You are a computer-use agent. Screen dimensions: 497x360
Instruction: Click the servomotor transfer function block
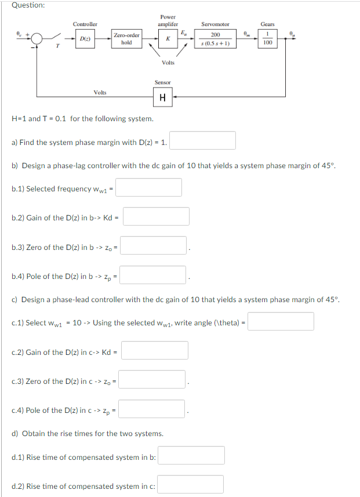coord(215,39)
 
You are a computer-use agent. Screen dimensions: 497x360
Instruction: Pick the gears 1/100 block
coord(267,39)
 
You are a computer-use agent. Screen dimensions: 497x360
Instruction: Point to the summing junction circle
coord(38,39)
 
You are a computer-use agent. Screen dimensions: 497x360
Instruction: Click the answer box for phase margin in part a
coord(202,140)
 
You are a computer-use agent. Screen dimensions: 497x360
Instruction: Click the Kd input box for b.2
coord(156,216)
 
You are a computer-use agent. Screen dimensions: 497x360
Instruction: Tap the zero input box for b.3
coord(154,246)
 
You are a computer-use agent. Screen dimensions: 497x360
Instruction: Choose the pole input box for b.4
coord(154,275)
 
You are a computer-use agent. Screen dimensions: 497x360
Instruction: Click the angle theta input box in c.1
coord(281,321)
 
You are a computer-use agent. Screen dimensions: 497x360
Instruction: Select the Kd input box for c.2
coord(155,350)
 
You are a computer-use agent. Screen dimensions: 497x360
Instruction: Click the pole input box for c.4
coord(152,409)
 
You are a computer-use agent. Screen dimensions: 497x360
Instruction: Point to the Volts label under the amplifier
coord(168,63)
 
